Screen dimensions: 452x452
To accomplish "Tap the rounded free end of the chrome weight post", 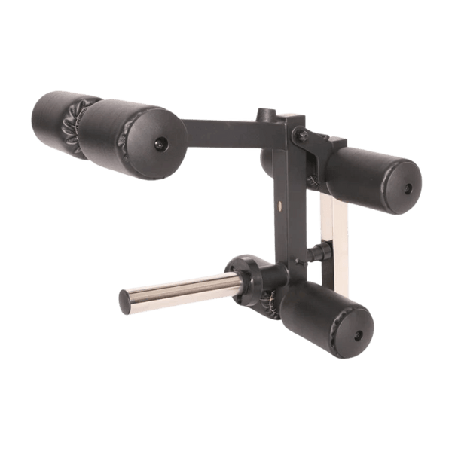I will tap(124, 303).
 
